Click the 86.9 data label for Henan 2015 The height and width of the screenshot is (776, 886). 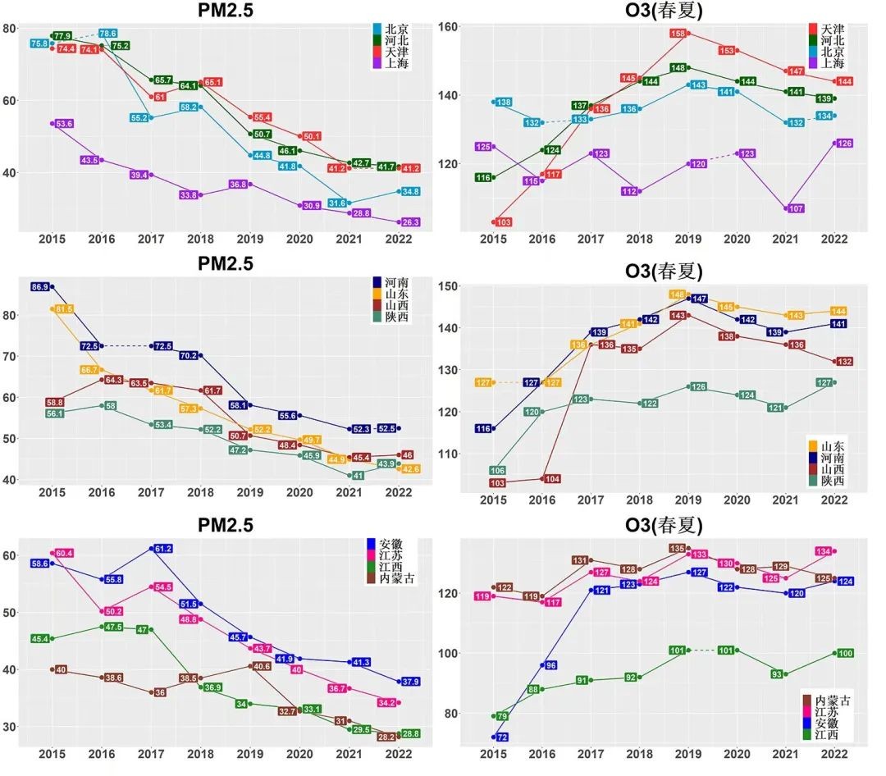(x=39, y=287)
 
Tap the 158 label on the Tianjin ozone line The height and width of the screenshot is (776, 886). (x=678, y=34)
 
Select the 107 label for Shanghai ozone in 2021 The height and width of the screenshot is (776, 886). (x=795, y=208)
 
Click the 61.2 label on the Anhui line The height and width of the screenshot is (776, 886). (x=162, y=548)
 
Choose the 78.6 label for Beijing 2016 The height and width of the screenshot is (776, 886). (x=107, y=34)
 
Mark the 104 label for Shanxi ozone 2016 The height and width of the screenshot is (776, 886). (x=551, y=479)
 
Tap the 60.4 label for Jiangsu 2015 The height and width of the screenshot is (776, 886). (x=62, y=554)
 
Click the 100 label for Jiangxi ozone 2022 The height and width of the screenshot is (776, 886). (x=845, y=653)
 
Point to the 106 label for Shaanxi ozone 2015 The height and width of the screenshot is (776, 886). (x=497, y=471)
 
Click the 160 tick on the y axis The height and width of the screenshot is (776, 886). (x=447, y=27)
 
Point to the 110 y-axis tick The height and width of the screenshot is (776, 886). (x=447, y=454)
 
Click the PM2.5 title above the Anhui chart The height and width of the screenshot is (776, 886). (x=214, y=524)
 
